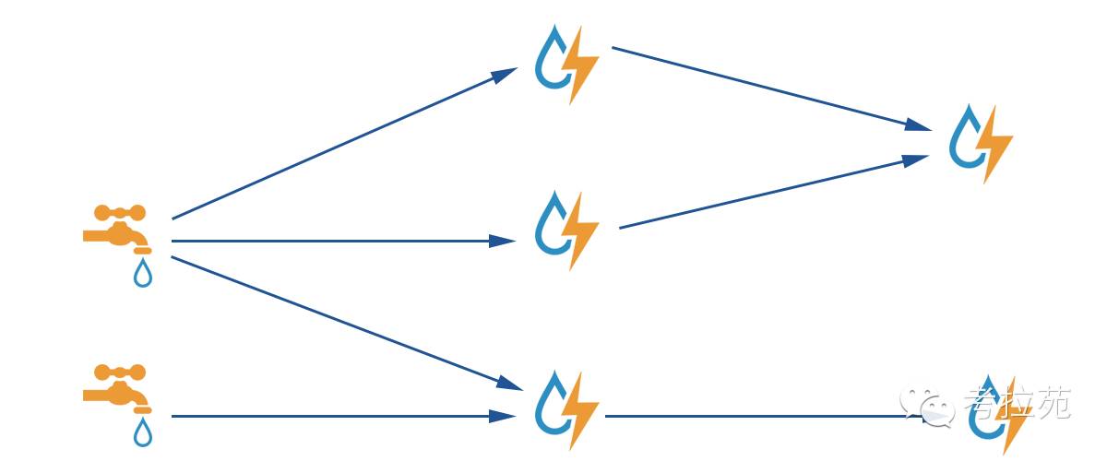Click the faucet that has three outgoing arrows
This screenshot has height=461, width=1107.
coord(116,227)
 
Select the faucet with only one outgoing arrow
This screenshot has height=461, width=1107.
coord(116,386)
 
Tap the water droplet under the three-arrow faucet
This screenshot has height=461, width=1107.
coord(142,273)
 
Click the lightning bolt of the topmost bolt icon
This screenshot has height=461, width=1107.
coord(582,65)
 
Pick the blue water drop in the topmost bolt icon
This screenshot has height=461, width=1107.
coord(553,59)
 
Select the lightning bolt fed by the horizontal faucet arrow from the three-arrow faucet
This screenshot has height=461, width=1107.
coord(582,230)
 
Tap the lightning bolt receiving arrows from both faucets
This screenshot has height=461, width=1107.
coord(582,410)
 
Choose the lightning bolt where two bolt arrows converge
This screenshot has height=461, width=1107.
coord(995,144)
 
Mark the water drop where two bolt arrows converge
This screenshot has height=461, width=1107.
coord(968,138)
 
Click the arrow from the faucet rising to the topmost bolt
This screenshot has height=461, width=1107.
coord(341,144)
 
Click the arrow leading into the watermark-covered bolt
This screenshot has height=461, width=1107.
coord(766,417)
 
